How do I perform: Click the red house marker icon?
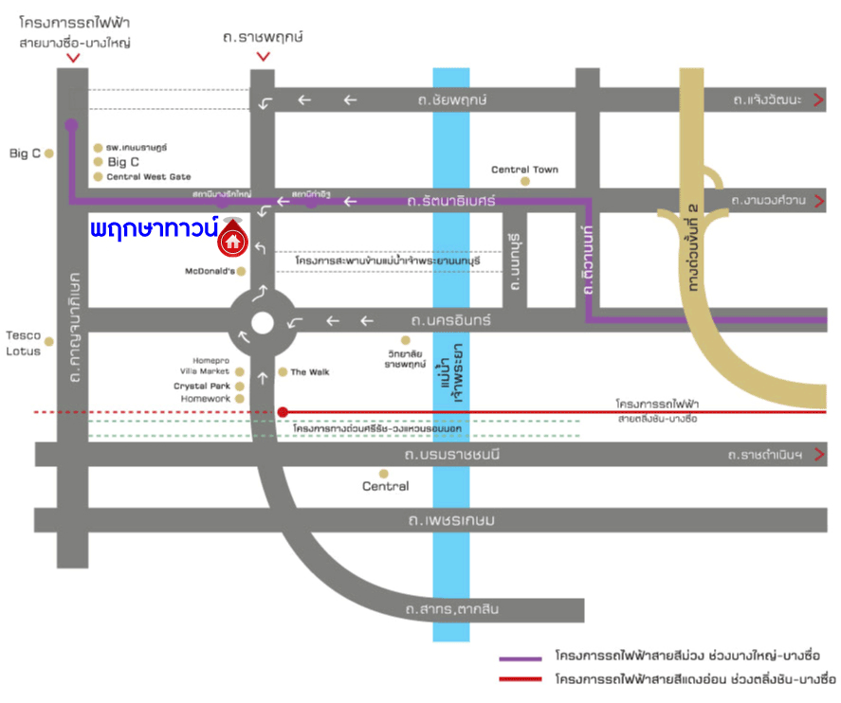point(232,243)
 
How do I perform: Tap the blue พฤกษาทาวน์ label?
point(155,228)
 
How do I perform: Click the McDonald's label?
point(210,271)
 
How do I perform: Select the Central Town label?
point(524,170)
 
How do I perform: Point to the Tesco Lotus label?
point(23,343)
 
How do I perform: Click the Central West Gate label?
point(148,177)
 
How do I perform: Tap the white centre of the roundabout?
point(263,324)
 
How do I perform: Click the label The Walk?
point(310,372)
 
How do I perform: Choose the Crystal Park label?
point(202,387)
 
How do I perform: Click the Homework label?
point(206,400)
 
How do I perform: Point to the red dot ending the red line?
point(283,412)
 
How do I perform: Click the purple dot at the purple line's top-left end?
point(71,124)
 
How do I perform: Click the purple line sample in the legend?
point(521,657)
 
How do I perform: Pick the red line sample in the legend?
point(521,679)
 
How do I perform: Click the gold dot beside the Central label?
point(384,473)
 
